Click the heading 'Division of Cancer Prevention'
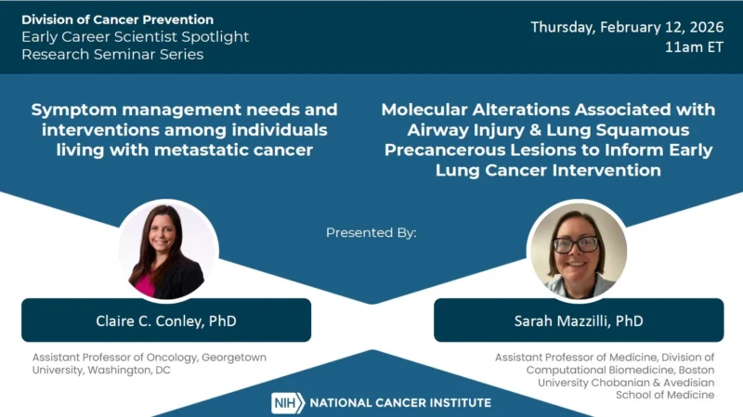(117, 20)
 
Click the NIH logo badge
(287, 402)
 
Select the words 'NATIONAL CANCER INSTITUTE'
(400, 403)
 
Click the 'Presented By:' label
(371, 232)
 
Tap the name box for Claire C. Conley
(165, 320)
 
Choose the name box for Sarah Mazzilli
(578, 320)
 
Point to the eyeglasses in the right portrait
(576, 244)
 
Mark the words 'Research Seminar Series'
(112, 54)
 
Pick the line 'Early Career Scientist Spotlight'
(136, 37)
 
